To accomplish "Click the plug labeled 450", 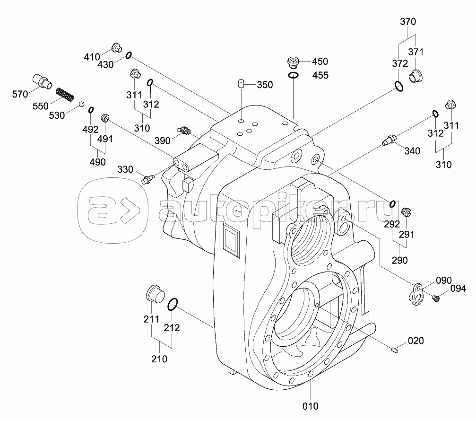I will click(294, 61).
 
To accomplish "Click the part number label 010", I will click(311, 406).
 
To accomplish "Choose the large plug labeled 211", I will click(154, 294).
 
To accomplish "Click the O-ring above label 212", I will click(173, 304).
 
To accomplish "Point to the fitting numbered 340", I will click(389, 140).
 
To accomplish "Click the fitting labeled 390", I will click(183, 130).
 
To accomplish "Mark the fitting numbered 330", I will click(148, 180).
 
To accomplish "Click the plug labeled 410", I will click(116, 47).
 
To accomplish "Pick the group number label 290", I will click(399, 260).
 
